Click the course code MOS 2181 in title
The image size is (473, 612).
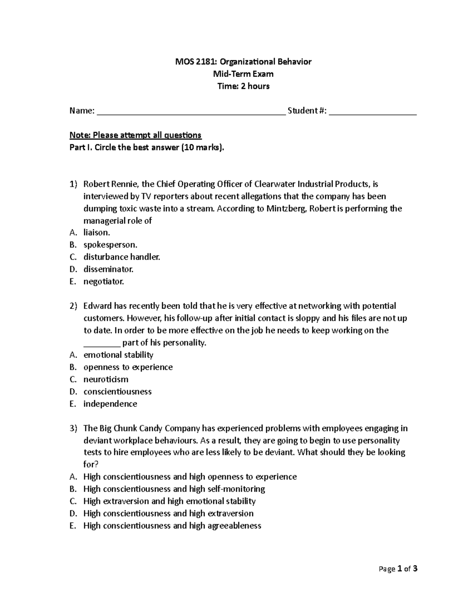(196, 61)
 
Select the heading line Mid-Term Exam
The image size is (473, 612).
(243, 74)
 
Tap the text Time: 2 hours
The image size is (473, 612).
(243, 86)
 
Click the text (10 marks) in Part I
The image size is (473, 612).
(202, 147)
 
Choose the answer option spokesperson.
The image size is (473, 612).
(110, 245)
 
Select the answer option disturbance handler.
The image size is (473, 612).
(122, 257)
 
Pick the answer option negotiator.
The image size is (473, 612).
(104, 281)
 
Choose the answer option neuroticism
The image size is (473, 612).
(106, 379)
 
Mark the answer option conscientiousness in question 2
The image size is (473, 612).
(117, 391)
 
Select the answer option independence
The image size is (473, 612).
(110, 404)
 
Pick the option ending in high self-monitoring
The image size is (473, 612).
(174, 489)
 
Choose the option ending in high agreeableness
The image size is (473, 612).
(172, 526)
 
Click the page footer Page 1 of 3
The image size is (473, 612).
(398, 569)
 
